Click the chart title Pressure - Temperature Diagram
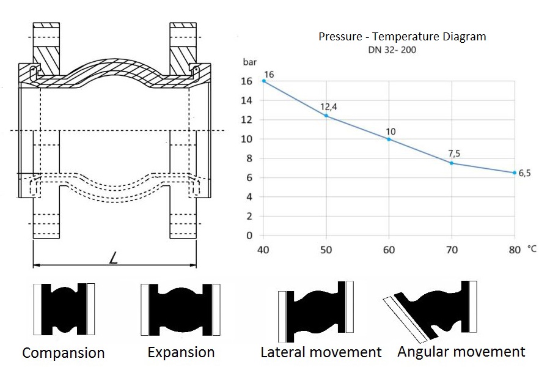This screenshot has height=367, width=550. [402, 37]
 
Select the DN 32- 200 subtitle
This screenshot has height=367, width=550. [392, 50]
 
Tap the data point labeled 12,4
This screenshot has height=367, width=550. [326, 116]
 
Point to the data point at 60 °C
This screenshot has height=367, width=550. [389, 139]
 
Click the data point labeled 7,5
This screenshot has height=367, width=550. [452, 163]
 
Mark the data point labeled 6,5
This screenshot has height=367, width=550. [515, 172]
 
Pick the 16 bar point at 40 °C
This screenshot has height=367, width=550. [264, 81]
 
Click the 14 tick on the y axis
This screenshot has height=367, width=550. [246, 100]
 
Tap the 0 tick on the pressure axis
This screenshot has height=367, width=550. [249, 235]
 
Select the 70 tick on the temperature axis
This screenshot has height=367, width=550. [452, 250]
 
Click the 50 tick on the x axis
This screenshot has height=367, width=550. [326, 250]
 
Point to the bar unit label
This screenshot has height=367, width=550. [250, 62]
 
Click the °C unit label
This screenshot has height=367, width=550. [532, 249]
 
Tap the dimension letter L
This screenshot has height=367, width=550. [113, 259]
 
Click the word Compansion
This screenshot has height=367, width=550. [64, 353]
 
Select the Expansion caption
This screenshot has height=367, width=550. [181, 352]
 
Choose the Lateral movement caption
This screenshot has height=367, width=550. [321, 352]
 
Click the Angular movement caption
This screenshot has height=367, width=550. [461, 351]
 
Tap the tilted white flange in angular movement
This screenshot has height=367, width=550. [405, 319]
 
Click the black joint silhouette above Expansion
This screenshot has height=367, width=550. [181, 310]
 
